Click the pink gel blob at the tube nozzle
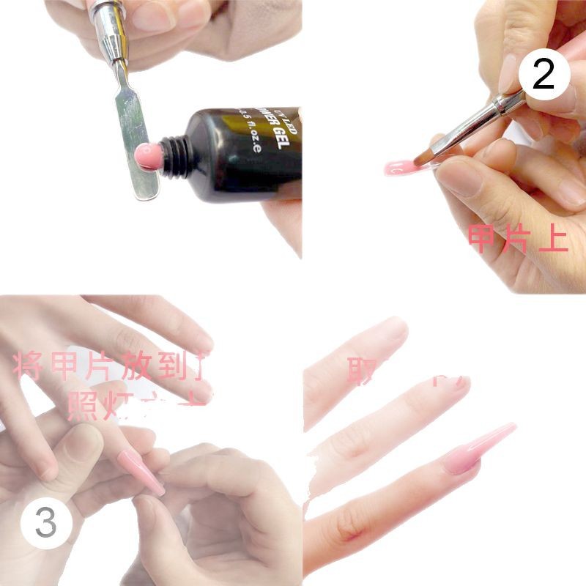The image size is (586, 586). click(146, 155)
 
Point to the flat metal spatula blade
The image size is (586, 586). click(136, 146)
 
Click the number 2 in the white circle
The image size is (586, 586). click(543, 75)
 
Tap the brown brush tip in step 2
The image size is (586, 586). click(424, 155)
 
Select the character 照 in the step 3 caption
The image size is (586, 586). click(82, 405)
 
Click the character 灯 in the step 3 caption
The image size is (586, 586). click(119, 405)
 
